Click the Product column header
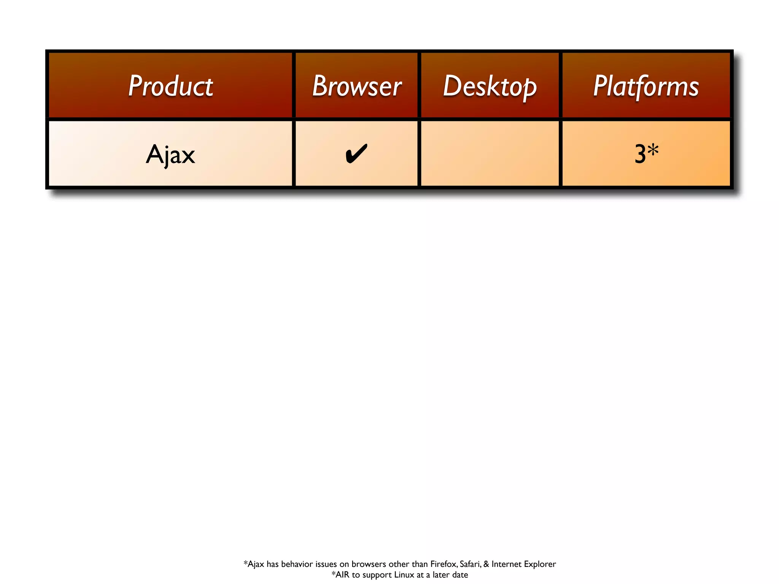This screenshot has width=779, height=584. coord(170,86)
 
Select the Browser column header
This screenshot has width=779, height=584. coord(357,86)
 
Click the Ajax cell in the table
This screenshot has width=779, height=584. coord(170,154)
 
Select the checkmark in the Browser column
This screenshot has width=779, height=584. coord(356,153)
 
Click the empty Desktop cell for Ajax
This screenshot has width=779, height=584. coord(490,154)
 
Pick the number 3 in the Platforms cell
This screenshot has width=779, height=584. coord(640,154)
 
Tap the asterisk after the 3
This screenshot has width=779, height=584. coord(653,150)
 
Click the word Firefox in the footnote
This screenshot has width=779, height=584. coord(444,564)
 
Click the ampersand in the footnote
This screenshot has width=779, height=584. coord(486,564)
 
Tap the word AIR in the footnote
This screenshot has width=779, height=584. coord(342,574)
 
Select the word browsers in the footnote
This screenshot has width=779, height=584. coord(369,564)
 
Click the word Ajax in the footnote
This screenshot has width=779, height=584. coord(256,564)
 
